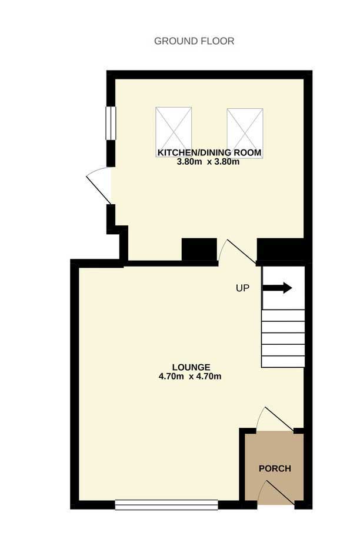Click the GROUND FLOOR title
point(194,41)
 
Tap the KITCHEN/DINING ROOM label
point(209,152)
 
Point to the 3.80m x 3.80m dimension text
point(208,162)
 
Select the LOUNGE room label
point(191,367)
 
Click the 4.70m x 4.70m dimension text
point(190,377)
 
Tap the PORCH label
point(275,468)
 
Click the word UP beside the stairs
point(242,288)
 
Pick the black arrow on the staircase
point(277,288)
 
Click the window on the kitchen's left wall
point(111,123)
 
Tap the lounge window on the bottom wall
point(166,505)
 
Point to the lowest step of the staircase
point(283,362)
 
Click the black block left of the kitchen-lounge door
point(199,249)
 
